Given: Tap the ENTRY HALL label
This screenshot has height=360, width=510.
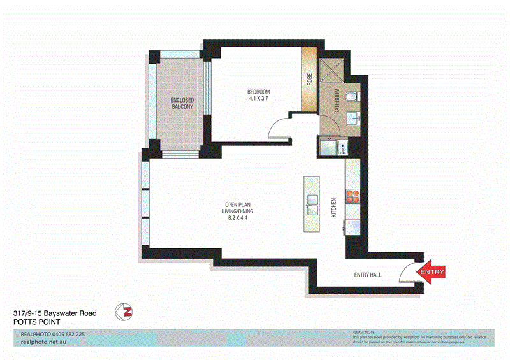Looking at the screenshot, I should (x=367, y=275).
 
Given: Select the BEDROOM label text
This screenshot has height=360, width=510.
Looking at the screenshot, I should (x=259, y=91).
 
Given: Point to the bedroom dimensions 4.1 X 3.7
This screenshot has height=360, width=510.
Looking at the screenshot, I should (x=259, y=98).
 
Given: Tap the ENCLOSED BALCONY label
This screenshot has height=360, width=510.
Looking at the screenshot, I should (x=182, y=103).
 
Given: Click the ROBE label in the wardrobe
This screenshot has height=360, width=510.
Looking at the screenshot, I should (x=310, y=80).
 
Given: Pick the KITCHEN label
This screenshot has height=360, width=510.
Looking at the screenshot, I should (x=333, y=208).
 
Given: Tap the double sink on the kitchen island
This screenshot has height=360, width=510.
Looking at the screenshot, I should (x=312, y=205).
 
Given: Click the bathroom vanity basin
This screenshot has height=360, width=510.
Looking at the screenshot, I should (x=354, y=119).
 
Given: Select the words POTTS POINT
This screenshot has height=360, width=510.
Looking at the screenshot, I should (x=36, y=322).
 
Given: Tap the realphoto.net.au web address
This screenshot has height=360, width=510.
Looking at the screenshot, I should (x=44, y=342).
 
